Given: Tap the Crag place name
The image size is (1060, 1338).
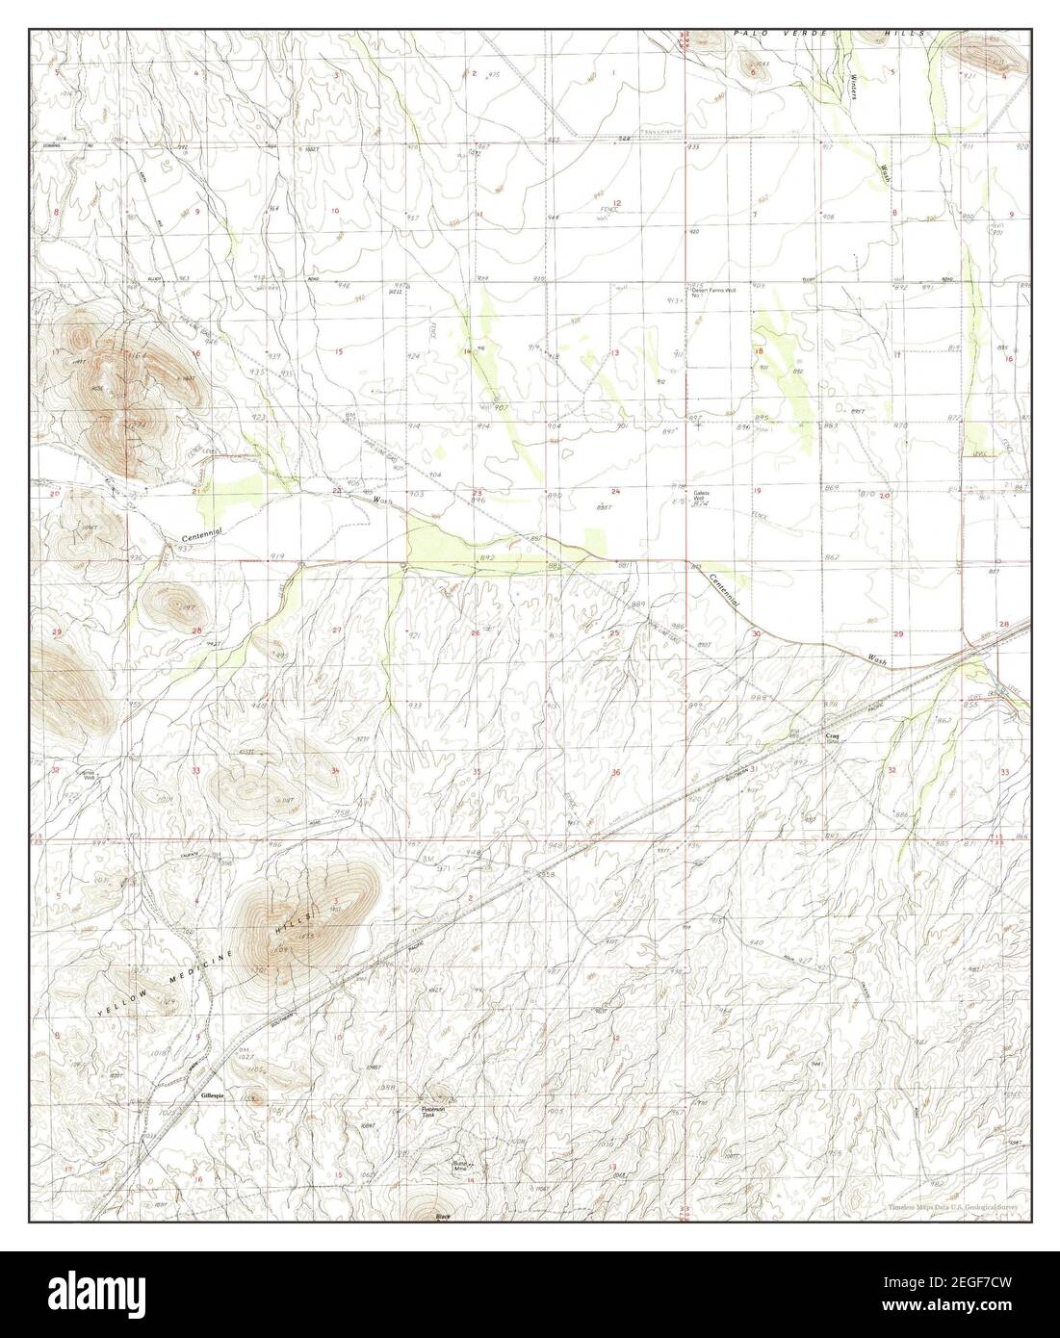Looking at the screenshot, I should click(834, 736).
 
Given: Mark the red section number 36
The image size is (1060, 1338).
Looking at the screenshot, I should click(615, 773).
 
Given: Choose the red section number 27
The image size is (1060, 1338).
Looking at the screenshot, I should click(336, 630).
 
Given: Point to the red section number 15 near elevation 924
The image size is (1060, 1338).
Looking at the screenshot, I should click(338, 353).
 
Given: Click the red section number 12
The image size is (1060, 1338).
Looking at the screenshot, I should click(617, 203).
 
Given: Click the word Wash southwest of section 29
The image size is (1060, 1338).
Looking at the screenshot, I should click(874, 660).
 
